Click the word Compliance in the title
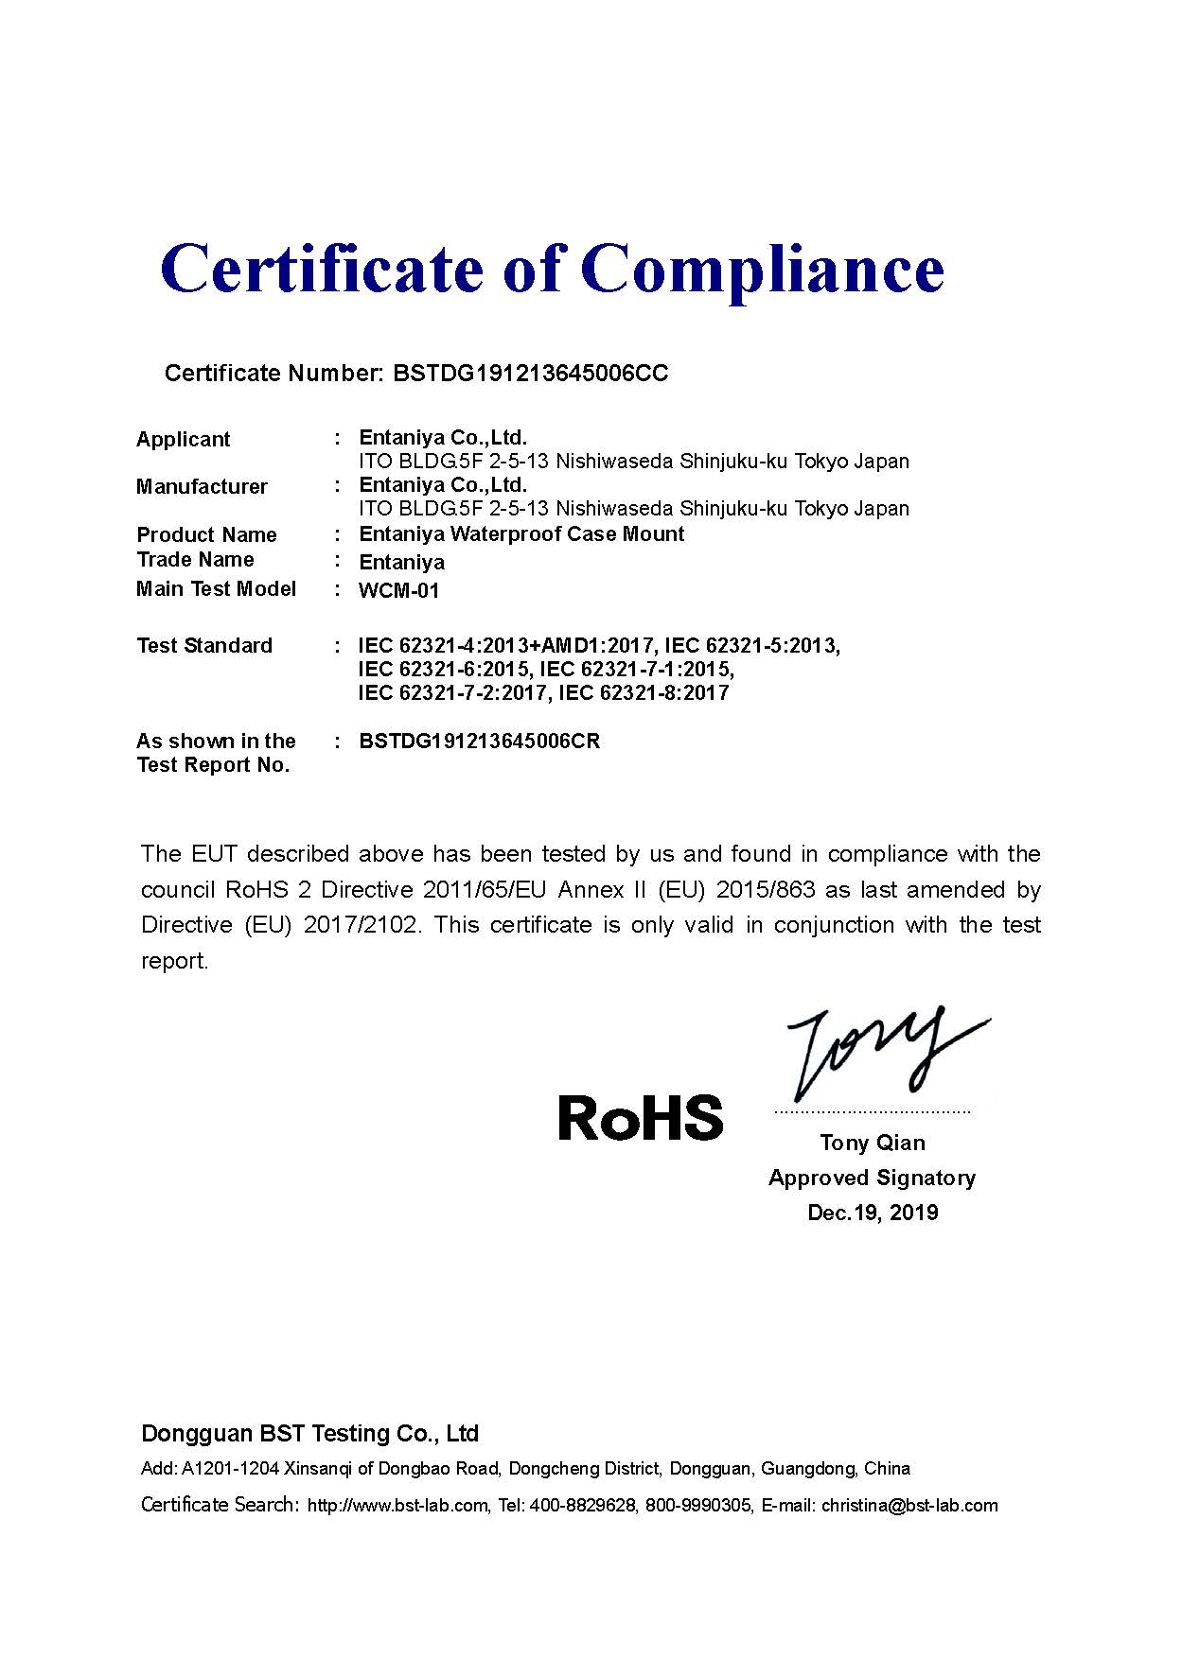[x=767, y=270]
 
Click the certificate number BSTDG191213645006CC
[x=530, y=374]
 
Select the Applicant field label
[x=183, y=440]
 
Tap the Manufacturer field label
[x=202, y=487]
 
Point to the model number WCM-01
[x=399, y=591]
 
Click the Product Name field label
[x=206, y=535]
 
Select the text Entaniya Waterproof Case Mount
[x=521, y=534]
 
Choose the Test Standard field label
[x=204, y=646]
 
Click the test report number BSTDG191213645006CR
[x=480, y=741]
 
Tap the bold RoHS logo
[x=641, y=1117]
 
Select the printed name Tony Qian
[x=873, y=1144]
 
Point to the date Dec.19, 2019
[x=873, y=1214]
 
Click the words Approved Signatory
[x=872, y=1179]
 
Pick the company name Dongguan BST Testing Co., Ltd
[x=309, y=1434]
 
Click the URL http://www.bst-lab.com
[x=398, y=1506]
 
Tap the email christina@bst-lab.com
[x=909, y=1506]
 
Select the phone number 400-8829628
[x=583, y=1506]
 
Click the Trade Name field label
[x=195, y=560]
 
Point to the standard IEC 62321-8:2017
[x=644, y=693]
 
